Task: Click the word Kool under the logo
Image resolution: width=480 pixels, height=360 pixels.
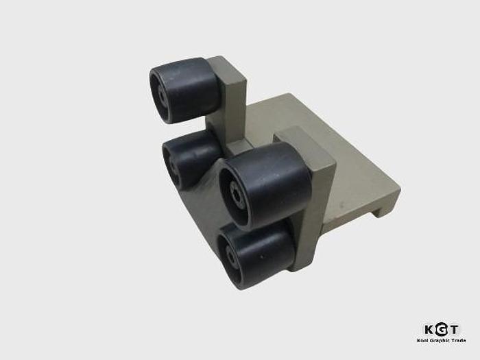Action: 422,341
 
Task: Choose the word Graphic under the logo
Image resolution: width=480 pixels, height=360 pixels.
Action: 440,341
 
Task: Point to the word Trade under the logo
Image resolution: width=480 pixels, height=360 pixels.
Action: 458,341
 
